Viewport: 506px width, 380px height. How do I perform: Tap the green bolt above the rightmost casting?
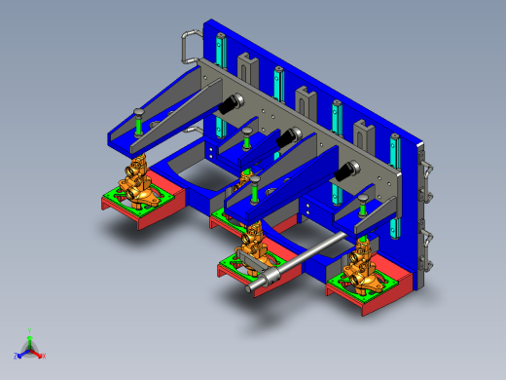362,209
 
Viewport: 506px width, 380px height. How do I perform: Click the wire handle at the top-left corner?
187,43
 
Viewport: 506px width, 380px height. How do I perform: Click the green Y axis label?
30,330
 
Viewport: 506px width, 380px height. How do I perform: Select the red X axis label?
43,356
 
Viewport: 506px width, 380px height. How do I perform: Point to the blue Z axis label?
17,356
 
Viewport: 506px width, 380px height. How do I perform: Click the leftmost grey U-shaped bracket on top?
245,68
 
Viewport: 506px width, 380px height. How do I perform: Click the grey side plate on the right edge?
421,214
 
